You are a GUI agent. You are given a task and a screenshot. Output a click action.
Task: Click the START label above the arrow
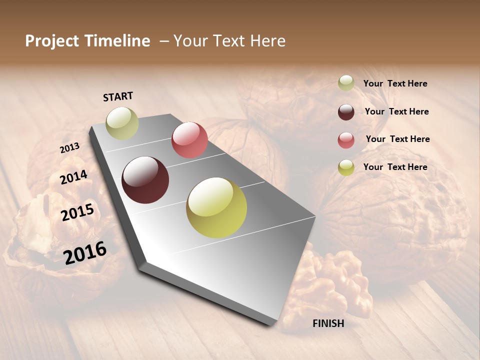click(118, 96)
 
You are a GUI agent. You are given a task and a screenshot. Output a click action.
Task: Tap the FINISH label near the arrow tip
click(328, 323)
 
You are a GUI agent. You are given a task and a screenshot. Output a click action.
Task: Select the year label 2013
click(69, 147)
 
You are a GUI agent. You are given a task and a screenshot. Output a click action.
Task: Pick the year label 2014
click(74, 177)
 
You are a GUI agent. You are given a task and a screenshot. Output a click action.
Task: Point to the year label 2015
click(77, 212)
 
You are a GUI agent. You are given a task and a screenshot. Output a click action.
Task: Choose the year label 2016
click(85, 252)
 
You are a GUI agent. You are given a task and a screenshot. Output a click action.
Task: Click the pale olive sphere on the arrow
click(122, 123)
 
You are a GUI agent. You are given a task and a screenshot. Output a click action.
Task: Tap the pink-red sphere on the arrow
click(189, 140)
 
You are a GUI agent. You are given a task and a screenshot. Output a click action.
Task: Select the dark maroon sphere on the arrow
click(145, 180)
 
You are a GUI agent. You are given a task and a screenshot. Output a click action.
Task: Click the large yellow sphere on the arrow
click(216, 207)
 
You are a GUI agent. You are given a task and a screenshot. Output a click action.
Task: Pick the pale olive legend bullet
click(346, 83)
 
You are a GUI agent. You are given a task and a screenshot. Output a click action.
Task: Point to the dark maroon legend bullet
click(346, 112)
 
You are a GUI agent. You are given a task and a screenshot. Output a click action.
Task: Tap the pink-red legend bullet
click(346, 140)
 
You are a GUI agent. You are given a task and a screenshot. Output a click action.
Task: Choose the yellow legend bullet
click(346, 167)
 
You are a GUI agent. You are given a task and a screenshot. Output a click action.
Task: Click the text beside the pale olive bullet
click(395, 83)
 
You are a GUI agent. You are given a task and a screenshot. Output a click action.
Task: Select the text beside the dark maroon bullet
click(396, 111)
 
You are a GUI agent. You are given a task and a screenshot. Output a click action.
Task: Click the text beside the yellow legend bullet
click(395, 167)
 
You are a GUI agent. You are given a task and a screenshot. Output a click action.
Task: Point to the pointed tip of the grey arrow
click(271, 324)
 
